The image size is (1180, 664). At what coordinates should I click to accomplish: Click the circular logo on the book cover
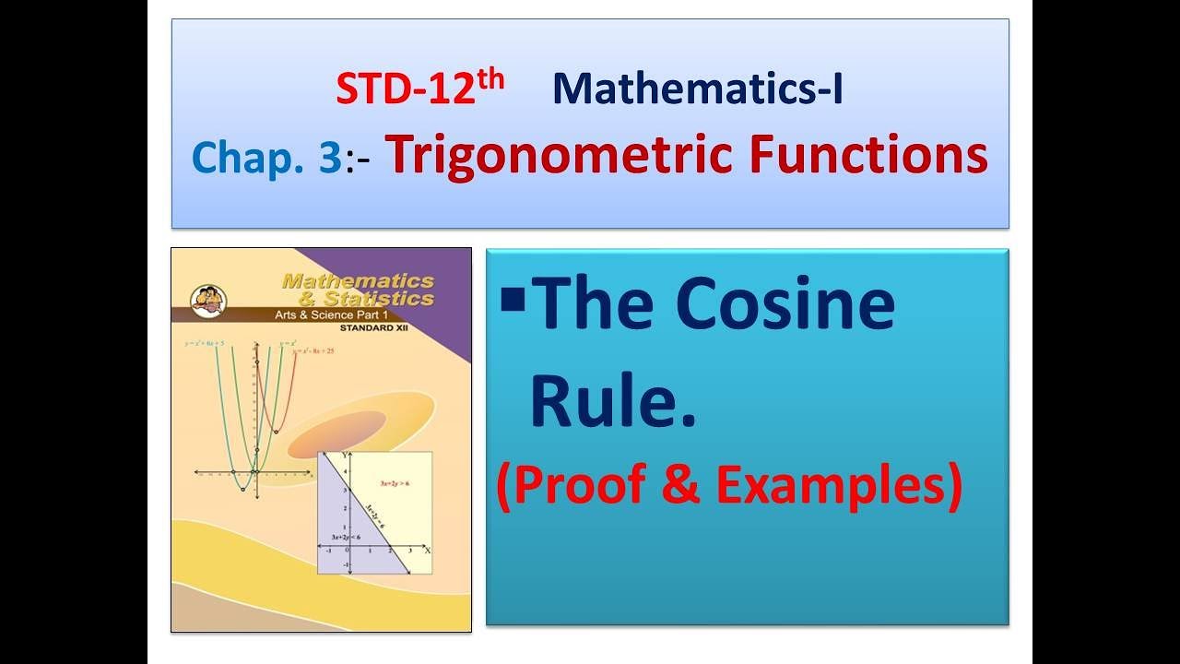coord(204,297)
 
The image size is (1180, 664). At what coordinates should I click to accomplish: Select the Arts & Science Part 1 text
coord(373,314)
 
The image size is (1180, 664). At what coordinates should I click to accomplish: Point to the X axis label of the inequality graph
coord(427,550)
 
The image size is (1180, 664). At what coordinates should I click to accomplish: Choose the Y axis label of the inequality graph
coord(345,456)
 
